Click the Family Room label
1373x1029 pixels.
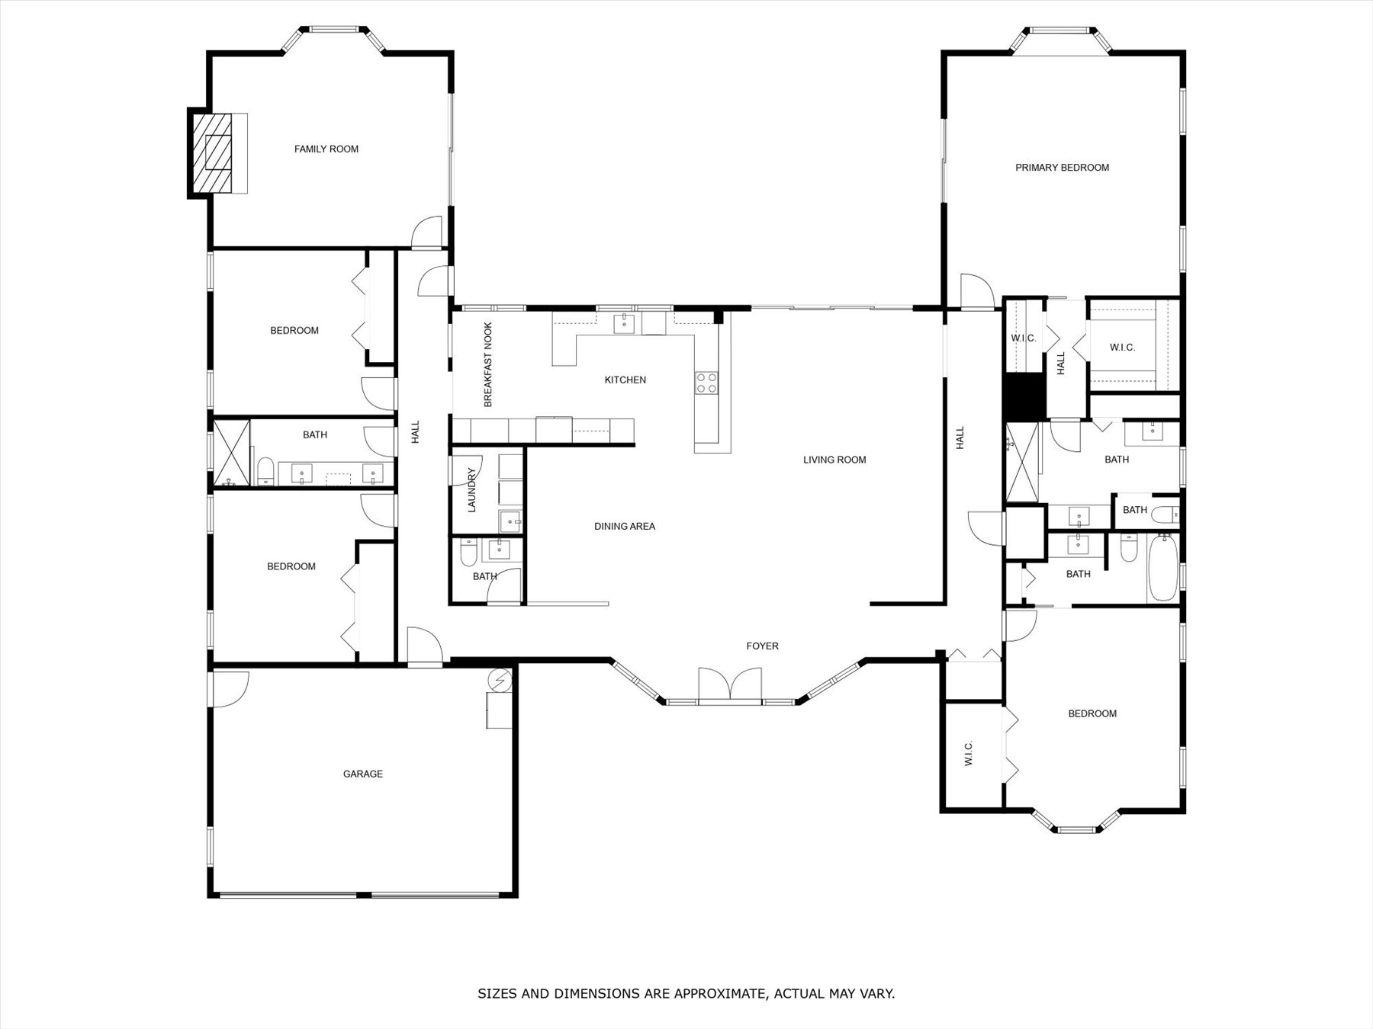[x=326, y=149]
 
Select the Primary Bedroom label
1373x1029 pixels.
[x=1062, y=168]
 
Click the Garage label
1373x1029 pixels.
[x=362, y=774]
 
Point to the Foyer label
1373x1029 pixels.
[x=762, y=646]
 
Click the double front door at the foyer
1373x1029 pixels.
[x=730, y=684]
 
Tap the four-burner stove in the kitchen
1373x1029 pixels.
[x=706, y=382]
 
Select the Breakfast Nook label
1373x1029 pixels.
[x=488, y=364]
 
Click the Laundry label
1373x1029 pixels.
[x=471, y=489]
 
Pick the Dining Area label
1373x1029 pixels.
[x=625, y=527]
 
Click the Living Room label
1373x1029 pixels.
[x=834, y=460]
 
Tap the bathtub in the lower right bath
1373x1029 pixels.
[x=1162, y=567]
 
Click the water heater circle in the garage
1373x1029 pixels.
[x=501, y=679]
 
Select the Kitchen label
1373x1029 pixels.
[x=625, y=380]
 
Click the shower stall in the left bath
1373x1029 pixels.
[x=231, y=453]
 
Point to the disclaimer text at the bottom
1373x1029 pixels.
[x=686, y=993]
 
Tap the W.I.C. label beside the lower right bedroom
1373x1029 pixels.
[x=969, y=754]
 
